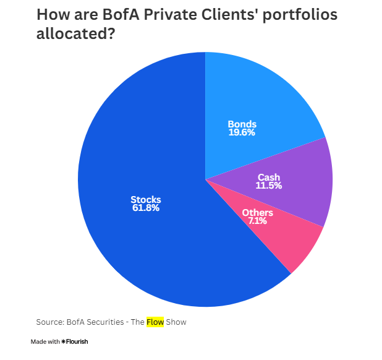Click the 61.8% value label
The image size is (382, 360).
tap(145, 208)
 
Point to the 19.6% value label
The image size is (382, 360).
tap(241, 132)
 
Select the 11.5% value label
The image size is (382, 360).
tap(269, 186)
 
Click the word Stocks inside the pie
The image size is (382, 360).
tap(145, 200)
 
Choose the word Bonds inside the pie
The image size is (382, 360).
tap(242, 124)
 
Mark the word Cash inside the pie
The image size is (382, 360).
tap(269, 178)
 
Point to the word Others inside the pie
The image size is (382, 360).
tap(257, 212)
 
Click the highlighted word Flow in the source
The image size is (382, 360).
tap(155, 322)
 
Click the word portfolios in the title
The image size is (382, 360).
tap(300, 15)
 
